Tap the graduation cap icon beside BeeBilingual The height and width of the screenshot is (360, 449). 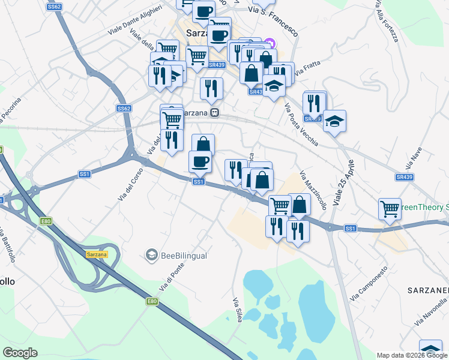click(151, 256)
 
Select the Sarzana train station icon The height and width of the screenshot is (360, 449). click(215, 113)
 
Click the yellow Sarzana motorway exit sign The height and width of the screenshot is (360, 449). click(96, 254)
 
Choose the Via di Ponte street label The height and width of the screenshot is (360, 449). click(170, 281)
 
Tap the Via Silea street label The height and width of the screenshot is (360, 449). click(237, 310)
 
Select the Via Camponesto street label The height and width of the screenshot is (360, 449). click(369, 283)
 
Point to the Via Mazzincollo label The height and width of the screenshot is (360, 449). click(313, 188)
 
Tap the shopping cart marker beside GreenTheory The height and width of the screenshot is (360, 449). click(390, 209)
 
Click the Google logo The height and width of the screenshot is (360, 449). click(20, 353)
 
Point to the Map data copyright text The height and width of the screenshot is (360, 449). click(411, 355)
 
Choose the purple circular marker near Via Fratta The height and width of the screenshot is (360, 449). click(270, 43)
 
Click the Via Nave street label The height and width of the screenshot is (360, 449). click(414, 158)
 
